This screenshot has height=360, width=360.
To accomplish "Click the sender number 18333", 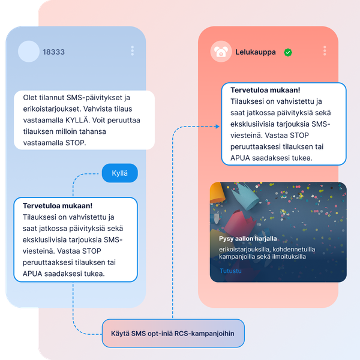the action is click(x=53, y=52).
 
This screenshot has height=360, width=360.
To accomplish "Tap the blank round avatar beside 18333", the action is click(x=29, y=52).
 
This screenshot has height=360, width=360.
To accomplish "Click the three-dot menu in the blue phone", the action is click(x=132, y=50).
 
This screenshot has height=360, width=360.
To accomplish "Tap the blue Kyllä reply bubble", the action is click(x=120, y=173).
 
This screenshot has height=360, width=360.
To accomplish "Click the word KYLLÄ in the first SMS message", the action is click(x=77, y=120).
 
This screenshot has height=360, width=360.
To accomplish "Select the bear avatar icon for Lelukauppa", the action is click(x=221, y=52).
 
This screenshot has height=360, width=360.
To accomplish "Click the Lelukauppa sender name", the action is click(x=256, y=52).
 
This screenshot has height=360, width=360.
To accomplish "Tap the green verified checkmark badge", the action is click(x=288, y=52).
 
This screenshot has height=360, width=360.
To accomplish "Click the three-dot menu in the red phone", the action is click(x=325, y=50).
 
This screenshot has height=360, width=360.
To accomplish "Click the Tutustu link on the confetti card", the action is click(x=230, y=271).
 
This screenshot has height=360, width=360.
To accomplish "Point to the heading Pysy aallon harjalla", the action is click(x=248, y=239).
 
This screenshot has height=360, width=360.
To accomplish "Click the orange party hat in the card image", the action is click(x=218, y=193).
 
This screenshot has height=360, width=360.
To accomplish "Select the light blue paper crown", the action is click(x=246, y=196).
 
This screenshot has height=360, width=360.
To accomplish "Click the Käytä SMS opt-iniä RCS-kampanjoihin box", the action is click(x=173, y=333).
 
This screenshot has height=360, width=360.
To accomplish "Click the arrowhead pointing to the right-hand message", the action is click(x=217, y=126).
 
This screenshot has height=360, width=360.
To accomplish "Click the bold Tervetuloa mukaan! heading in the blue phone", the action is click(x=58, y=206).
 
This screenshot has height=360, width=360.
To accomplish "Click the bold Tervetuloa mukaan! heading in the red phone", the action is click(x=265, y=90).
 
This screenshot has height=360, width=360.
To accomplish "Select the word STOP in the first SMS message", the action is click(x=76, y=143).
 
